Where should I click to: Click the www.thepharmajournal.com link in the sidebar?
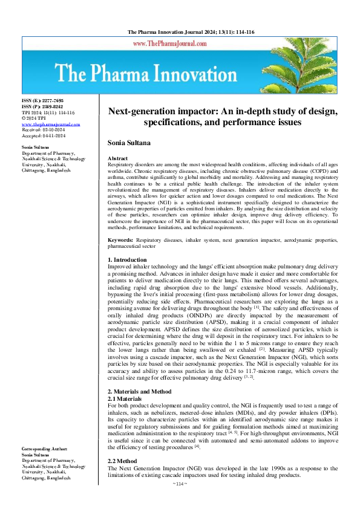tap(50, 123)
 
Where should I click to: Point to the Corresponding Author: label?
tap(44, 449)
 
